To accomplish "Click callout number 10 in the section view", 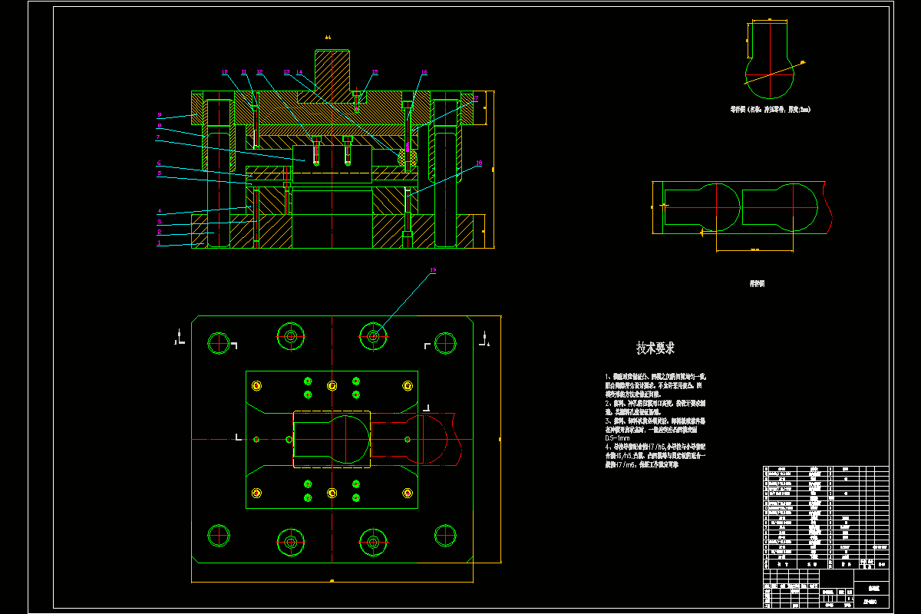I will click(225, 72).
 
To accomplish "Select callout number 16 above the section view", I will click(424, 72).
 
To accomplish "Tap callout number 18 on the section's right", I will click(479, 163).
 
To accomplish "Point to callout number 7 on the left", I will click(157, 137).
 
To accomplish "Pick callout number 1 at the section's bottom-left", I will click(159, 243).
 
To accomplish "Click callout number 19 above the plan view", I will click(433, 270).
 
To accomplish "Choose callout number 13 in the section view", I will click(286, 72).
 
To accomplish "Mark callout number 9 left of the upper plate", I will click(159, 114).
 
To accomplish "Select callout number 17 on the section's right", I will click(475, 98).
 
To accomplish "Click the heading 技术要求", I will click(655, 348).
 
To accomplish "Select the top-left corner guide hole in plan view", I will click(219, 343).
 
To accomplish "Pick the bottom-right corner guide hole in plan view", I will click(446, 535).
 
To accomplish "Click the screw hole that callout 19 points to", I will click(373, 335).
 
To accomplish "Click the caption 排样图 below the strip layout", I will click(757, 283).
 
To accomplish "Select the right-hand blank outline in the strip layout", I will click(783, 207).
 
